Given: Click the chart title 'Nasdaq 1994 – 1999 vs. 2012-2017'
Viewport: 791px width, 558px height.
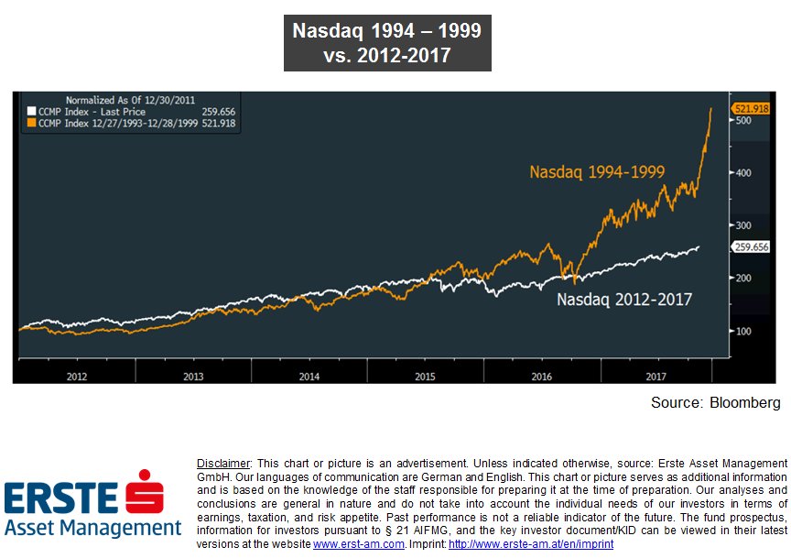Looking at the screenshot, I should tap(386, 43).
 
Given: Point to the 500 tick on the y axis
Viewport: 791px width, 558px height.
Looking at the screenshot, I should tap(743, 121).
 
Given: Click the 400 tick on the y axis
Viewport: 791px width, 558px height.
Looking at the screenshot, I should tap(743, 173).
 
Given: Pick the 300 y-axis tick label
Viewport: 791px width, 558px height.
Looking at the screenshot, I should tap(743, 225).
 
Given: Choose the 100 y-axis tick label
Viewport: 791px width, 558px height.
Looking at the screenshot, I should tap(743, 331).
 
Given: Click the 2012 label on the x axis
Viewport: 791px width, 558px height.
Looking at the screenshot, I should tap(77, 376).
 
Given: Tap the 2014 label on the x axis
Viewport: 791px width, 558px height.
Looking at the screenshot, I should tap(309, 376).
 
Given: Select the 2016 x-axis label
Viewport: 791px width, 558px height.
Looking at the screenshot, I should tap(541, 376).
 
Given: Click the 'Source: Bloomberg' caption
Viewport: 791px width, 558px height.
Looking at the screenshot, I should tap(715, 402).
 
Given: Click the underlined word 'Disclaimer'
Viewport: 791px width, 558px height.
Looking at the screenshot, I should tap(223, 463).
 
